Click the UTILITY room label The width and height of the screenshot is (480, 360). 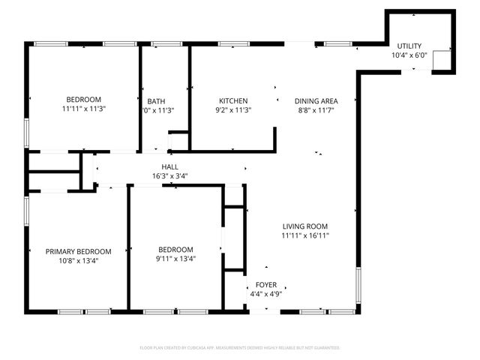click(x=409, y=46)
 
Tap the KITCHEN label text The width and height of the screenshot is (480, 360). click(x=233, y=101)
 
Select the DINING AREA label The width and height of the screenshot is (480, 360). click(x=316, y=101)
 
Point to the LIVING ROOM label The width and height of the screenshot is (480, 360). click(x=305, y=226)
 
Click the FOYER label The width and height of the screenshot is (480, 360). click(x=266, y=285)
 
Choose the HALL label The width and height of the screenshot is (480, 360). click(x=169, y=167)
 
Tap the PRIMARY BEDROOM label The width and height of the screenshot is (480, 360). click(x=78, y=252)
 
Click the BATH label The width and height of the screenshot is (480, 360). click(x=156, y=101)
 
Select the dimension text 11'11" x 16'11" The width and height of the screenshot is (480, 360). click(x=305, y=235)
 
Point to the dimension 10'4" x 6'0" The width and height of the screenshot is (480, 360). click(x=409, y=55)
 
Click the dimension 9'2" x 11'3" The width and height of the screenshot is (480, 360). click(x=233, y=110)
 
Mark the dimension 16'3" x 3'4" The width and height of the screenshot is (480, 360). click(x=169, y=176)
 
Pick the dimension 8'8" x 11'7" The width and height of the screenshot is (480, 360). click(x=316, y=110)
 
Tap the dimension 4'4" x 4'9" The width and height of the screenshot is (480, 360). click(x=266, y=294)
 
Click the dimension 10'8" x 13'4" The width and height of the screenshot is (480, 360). click(x=78, y=261)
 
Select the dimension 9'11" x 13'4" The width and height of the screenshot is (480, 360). click(x=175, y=259)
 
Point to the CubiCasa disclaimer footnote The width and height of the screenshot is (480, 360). click(x=240, y=347)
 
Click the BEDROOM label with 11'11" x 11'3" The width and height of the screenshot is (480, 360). click(x=83, y=100)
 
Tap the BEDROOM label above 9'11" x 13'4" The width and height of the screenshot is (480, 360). click(x=175, y=250)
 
